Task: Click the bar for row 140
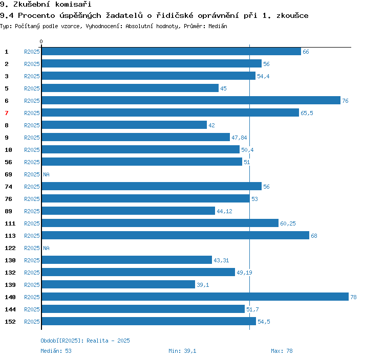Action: point(195,297)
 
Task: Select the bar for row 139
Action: point(119,284)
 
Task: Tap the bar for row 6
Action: point(191,100)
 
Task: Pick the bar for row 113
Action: point(176,235)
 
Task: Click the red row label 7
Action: point(7,113)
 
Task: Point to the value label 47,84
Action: point(239,138)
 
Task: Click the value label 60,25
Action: point(288,223)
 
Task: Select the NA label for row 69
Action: point(46,174)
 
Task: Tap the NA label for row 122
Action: point(46,248)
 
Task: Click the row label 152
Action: point(10,322)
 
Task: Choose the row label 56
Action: point(8,162)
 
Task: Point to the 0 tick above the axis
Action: point(41,41)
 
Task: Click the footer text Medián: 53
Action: point(56,351)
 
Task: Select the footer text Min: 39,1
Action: point(182,351)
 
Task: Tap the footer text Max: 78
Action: point(282,351)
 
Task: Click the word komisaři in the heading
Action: point(73,4)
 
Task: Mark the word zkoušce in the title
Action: point(292,16)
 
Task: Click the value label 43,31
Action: point(221,260)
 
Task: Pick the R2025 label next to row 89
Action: point(32,211)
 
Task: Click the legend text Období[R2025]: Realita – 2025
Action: point(85,341)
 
